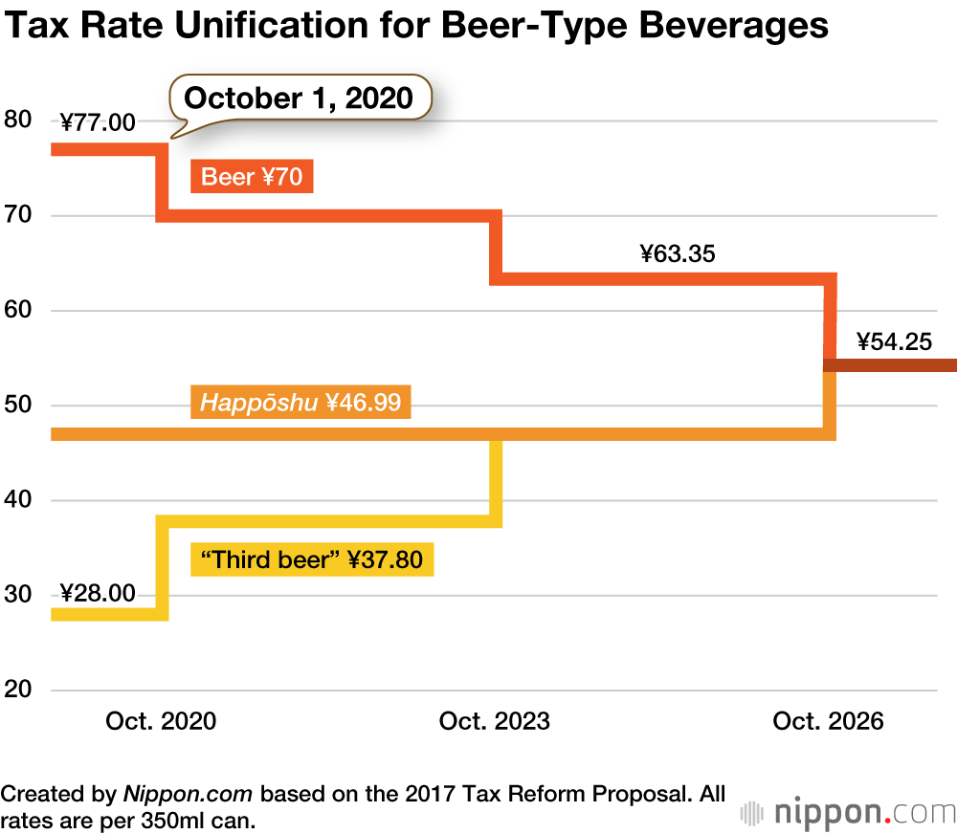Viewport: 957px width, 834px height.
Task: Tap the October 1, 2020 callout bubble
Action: point(299,98)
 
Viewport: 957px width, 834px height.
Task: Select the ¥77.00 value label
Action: point(98,121)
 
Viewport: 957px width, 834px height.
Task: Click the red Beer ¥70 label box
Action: point(253,177)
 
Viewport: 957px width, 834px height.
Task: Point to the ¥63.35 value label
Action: point(679,254)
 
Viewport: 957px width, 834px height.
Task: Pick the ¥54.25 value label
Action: point(894,341)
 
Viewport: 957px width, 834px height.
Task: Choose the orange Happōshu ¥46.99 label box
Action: point(300,403)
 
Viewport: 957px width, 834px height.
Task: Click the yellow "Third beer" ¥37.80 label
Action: point(313,560)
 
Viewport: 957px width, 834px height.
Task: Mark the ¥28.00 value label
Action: point(98,593)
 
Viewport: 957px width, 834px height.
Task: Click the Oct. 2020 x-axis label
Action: point(161,721)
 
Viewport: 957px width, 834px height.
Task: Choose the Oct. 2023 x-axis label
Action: point(495,721)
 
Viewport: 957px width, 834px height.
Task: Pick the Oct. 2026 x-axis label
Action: point(828,721)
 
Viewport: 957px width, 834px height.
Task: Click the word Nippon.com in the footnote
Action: point(188,794)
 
